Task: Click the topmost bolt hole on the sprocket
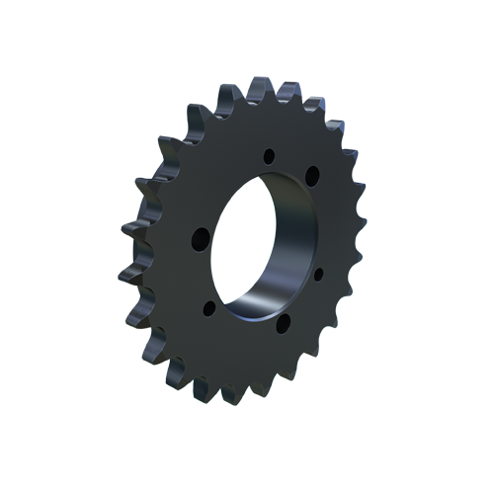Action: [x=269, y=155]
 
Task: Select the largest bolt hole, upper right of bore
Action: [x=312, y=176]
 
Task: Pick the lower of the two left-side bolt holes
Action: [x=209, y=307]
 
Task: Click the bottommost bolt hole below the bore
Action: [x=283, y=324]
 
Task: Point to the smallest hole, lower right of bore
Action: [x=318, y=274]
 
